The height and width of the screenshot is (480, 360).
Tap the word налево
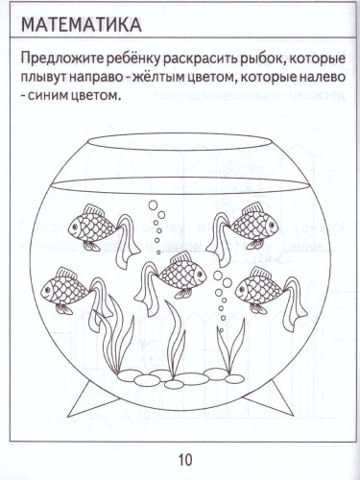(x=318, y=77)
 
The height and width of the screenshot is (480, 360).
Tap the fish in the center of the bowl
(x=180, y=273)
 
